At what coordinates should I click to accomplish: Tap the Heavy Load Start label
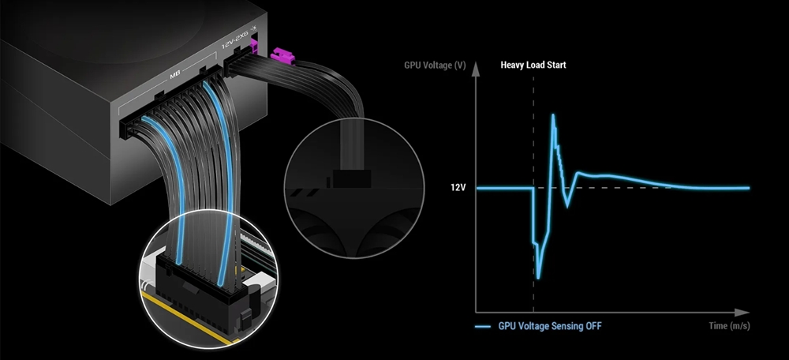click(533, 66)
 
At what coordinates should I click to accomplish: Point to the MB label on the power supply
click(176, 78)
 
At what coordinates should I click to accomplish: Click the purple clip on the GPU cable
click(279, 56)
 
